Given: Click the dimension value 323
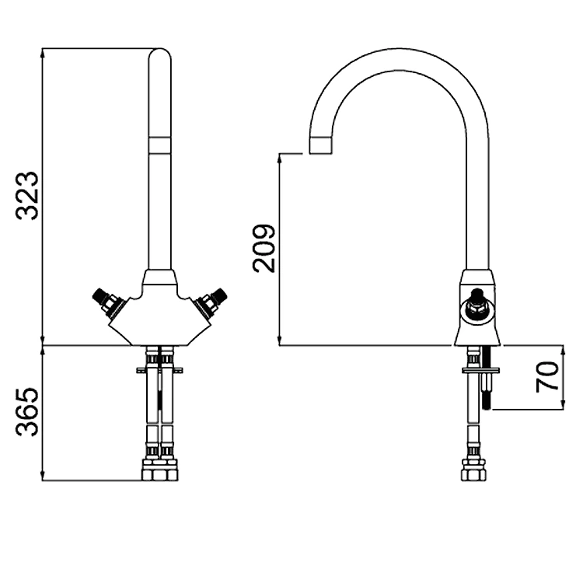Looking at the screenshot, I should (28, 196).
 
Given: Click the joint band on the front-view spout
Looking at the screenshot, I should (159, 143).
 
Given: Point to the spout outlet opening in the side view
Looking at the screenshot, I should (319, 145).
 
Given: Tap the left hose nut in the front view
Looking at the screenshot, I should (150, 470).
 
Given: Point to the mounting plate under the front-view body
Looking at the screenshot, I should (159, 369).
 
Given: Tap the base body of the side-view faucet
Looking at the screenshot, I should (478, 326).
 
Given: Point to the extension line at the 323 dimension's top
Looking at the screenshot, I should (93, 48).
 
